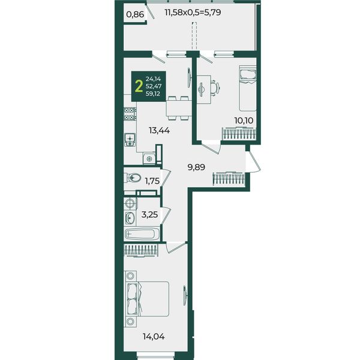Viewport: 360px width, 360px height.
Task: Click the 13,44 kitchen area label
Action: [x=160, y=131]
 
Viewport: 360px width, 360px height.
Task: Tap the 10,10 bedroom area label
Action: [x=244, y=121]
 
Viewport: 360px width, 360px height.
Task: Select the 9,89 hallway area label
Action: [x=196, y=167]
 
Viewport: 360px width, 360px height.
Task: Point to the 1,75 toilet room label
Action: [x=152, y=181]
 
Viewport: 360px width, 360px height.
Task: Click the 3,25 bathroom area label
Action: [x=149, y=215]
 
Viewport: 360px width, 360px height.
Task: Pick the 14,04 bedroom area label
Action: [x=154, y=337]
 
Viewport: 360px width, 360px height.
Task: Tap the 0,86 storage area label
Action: [x=135, y=14]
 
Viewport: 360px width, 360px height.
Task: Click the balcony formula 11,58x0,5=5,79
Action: [x=193, y=12]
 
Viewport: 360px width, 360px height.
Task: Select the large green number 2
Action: [x=139, y=86]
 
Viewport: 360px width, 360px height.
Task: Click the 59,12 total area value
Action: [x=153, y=94]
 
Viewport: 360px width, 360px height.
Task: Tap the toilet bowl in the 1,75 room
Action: [x=133, y=178]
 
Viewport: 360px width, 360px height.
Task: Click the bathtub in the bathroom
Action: [x=142, y=234]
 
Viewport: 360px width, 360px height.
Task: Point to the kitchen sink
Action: [x=130, y=140]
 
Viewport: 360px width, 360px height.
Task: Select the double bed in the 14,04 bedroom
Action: [x=148, y=299]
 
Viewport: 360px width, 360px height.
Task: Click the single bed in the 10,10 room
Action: [x=247, y=88]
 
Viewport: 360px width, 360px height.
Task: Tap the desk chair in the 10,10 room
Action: [x=215, y=88]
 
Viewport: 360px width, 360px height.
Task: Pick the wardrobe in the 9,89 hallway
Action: [x=229, y=178]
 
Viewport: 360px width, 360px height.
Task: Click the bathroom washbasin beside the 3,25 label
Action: [x=130, y=217]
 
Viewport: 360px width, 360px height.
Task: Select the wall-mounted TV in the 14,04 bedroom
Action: [x=185, y=295]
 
